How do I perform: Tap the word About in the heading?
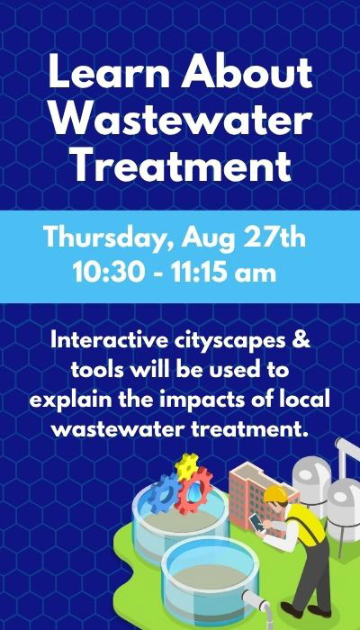247,73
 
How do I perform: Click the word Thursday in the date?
109,238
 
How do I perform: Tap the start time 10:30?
109,274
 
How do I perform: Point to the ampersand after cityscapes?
303,341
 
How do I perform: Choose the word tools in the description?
97,371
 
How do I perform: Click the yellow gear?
187,466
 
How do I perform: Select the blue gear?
164,493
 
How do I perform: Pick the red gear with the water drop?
195,490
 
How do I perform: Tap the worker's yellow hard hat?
275,494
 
